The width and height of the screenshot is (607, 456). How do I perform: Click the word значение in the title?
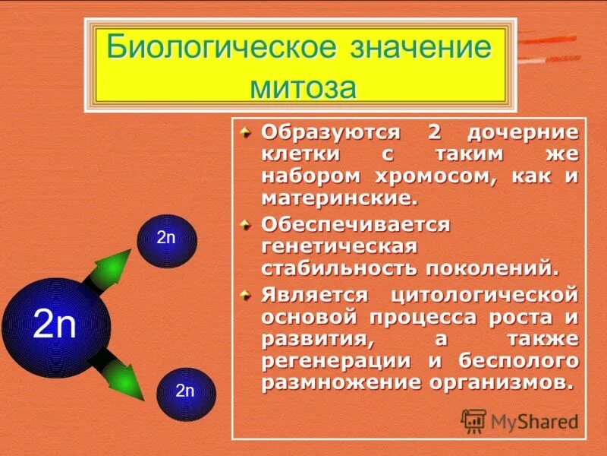point(422,49)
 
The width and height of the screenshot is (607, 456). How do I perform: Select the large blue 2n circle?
point(56,328)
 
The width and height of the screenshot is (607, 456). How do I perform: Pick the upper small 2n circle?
point(166,240)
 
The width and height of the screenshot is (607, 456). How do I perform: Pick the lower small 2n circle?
point(185,393)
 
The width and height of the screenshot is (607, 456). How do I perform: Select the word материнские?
point(338,199)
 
